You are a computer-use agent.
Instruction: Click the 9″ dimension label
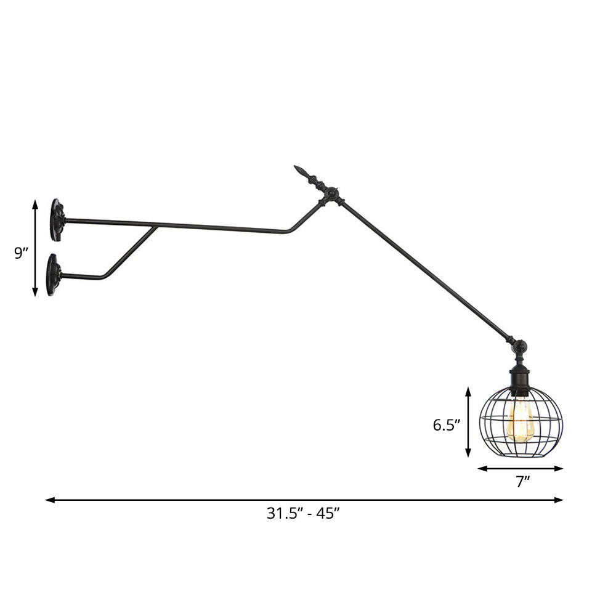click(x=22, y=253)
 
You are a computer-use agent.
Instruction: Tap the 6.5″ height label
click(x=446, y=424)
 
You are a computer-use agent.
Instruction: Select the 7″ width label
click(x=523, y=482)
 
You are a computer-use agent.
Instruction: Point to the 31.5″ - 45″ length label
click(x=303, y=513)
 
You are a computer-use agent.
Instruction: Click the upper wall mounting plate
click(x=57, y=220)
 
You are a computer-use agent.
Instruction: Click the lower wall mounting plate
click(x=54, y=275)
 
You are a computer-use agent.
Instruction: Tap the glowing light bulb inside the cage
click(x=521, y=421)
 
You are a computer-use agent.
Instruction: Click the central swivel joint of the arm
click(x=332, y=196)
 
